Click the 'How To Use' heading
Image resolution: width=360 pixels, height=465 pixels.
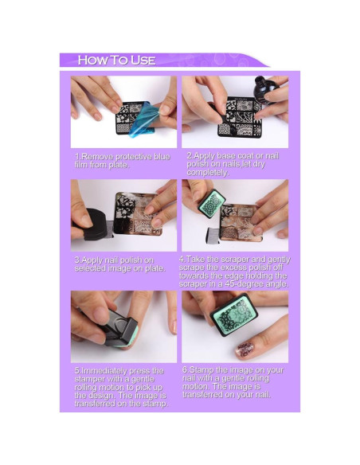(x=116, y=60)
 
